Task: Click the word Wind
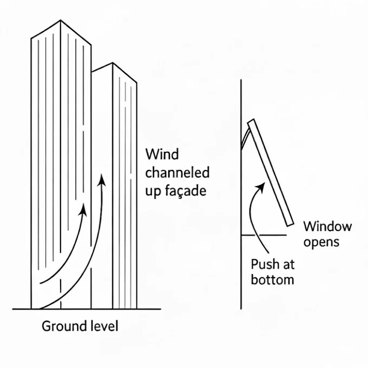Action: (x=162, y=155)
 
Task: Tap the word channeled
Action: (x=178, y=173)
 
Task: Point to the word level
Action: (x=103, y=326)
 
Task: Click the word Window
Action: (x=327, y=226)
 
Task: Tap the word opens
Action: (x=321, y=242)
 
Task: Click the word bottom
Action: (x=273, y=280)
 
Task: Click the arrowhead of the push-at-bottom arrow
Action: (x=262, y=186)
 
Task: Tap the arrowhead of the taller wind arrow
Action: (x=101, y=179)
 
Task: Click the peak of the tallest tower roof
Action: (x=60, y=21)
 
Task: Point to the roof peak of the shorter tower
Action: (x=113, y=63)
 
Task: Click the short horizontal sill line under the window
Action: (x=263, y=235)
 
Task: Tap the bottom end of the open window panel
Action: (x=290, y=222)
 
